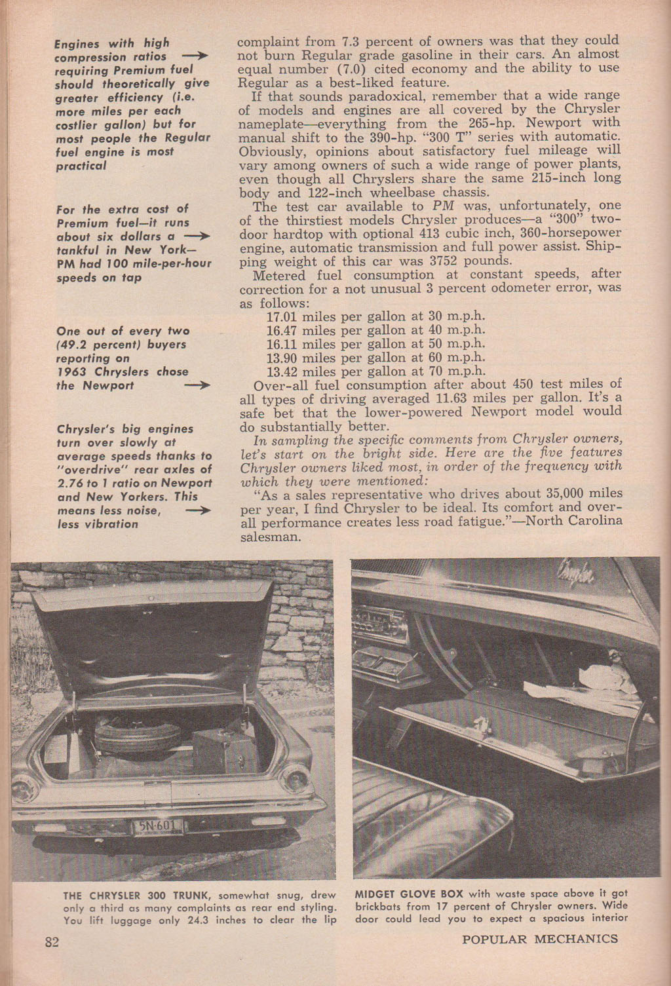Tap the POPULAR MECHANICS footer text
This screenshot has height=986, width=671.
(539, 939)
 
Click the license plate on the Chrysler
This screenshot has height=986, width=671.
(157, 826)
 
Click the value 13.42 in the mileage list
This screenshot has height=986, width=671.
(282, 371)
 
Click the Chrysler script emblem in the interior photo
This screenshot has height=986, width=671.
(577, 575)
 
